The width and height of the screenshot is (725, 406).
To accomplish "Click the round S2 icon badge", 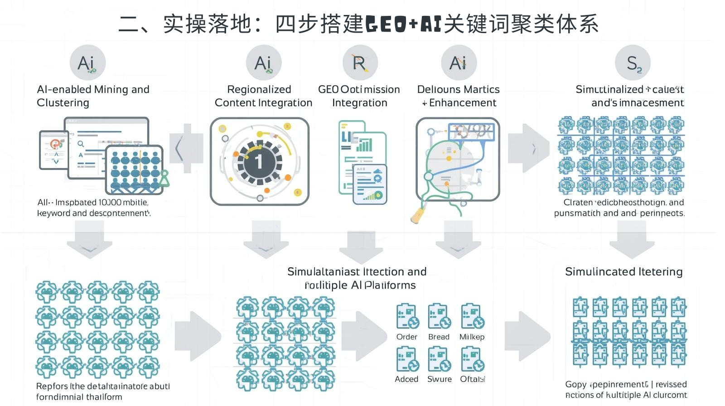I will tap(633, 63).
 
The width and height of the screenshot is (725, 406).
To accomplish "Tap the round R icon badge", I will tap(360, 63).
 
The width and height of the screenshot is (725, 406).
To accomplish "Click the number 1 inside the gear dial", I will tap(259, 161).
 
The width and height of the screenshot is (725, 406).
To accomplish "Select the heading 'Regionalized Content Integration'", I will tap(263, 96).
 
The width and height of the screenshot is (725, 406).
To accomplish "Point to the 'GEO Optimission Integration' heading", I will tap(359, 96).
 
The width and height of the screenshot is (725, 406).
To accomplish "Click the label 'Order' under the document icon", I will tap(406, 337).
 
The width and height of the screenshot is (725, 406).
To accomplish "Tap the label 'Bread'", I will tap(439, 337).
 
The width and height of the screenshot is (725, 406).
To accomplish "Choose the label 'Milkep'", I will tap(472, 337).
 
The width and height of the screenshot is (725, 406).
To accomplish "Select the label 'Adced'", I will tap(406, 379).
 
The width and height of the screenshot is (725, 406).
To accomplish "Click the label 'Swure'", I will tap(439, 379).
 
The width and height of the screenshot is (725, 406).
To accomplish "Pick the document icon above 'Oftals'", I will tap(472, 359).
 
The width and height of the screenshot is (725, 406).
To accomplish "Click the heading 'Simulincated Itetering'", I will tap(623, 271).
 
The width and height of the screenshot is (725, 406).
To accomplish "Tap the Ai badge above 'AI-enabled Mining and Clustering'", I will tap(87, 63).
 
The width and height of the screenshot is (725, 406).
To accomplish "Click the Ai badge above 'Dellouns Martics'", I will tap(459, 63).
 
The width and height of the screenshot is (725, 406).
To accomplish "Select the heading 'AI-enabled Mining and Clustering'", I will tap(93, 96).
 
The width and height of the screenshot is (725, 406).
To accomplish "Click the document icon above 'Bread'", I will tap(439, 316).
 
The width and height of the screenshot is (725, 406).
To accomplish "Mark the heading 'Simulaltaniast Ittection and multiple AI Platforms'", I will tap(357, 278).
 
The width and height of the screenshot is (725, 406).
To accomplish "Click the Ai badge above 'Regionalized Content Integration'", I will tap(264, 63).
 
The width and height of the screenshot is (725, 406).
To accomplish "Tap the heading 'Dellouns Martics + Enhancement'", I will tap(459, 96).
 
